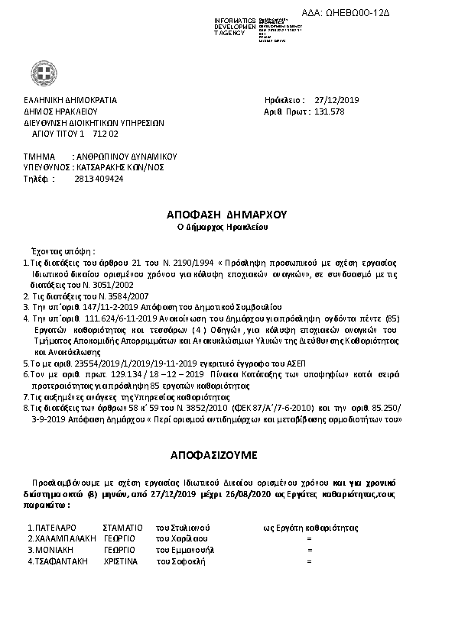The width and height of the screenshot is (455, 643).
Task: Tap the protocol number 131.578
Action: [330, 111]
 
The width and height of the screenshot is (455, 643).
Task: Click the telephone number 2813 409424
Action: [99, 179]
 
